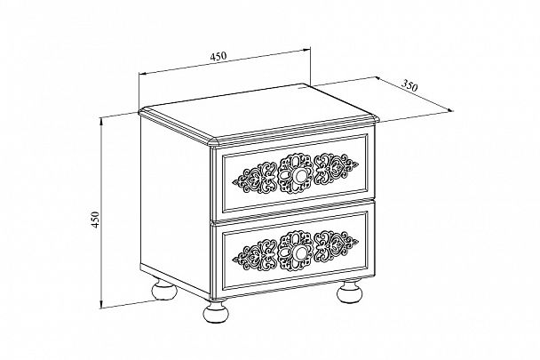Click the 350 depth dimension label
409,85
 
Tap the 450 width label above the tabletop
218,56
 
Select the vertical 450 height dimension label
95,220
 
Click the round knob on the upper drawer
300,176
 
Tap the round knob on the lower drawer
300,254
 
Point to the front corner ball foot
217,312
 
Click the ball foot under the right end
350,292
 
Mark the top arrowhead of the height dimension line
101,122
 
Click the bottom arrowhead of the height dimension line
101,304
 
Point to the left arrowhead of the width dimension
143,74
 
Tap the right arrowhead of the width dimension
306,51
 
